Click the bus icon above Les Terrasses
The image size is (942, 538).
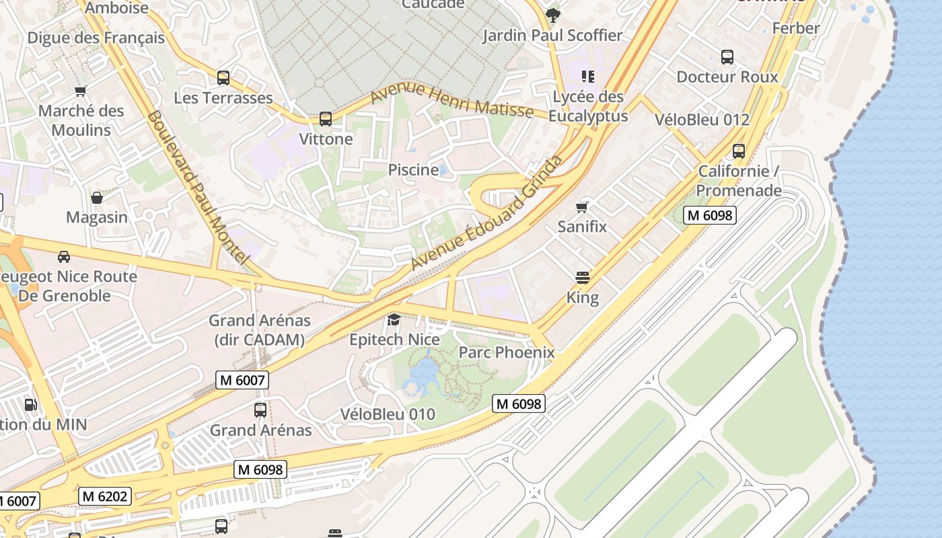tap(223, 78)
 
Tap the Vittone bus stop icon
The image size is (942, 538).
tap(326, 119)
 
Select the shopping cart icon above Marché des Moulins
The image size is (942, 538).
tap(81, 91)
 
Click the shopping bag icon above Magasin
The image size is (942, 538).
tap(97, 198)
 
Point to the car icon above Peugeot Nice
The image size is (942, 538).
tap(64, 256)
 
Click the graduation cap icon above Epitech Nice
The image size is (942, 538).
tap(394, 319)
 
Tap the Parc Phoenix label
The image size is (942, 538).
tap(507, 352)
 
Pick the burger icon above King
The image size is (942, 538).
tap(583, 277)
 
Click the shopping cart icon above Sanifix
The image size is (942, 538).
tap(582, 207)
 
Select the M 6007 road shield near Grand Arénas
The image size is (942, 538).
tap(242, 380)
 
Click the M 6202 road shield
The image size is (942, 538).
tap(104, 496)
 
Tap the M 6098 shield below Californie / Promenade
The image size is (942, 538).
tap(709, 215)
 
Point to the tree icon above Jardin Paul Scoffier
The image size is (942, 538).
tap(553, 15)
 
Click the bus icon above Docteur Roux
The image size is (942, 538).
tap(727, 57)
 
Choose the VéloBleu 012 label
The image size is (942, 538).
tap(702, 120)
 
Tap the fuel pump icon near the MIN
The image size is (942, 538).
tap(30, 404)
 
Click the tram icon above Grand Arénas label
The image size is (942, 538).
tap(260, 410)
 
